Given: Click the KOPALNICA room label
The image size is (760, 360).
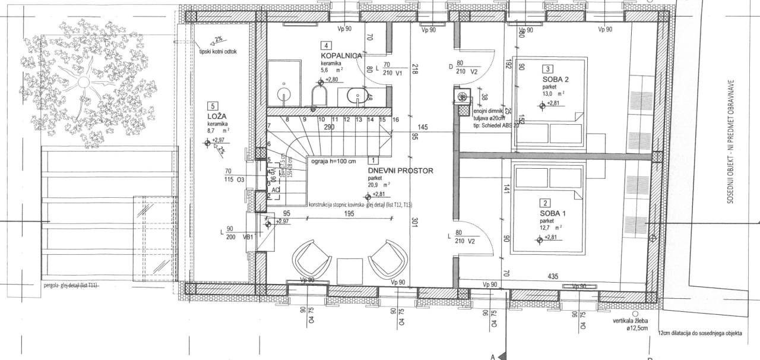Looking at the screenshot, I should [x=341, y=55].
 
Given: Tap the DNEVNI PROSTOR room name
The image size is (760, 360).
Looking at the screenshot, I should [x=401, y=170].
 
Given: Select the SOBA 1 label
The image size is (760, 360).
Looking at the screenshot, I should [x=553, y=213].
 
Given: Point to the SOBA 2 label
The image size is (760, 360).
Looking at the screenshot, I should [x=556, y=80].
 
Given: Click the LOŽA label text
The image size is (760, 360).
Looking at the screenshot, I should [x=218, y=116].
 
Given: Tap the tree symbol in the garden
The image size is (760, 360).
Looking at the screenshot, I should [x=86, y=83].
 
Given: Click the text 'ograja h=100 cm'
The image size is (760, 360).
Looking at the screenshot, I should [x=332, y=160].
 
